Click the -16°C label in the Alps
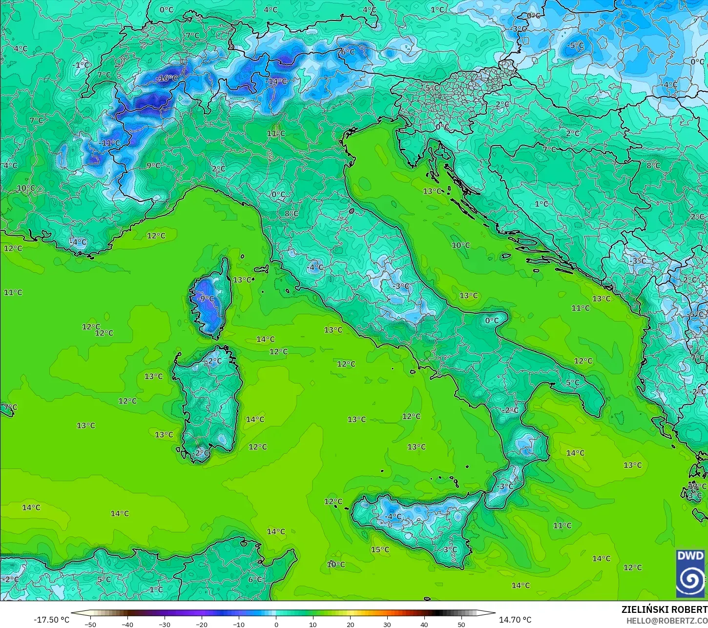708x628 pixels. (167, 78)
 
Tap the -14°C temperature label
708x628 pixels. (277, 81)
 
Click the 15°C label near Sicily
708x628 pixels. (380, 549)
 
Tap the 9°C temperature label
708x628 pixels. (153, 165)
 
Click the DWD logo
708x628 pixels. (690, 573)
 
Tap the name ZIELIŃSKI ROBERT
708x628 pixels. (664, 609)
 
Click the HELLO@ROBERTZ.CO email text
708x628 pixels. (667, 620)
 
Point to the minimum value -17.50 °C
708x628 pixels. (51, 620)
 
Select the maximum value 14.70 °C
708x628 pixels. (515, 620)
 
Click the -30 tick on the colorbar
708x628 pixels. (165, 624)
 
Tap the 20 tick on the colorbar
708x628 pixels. (350, 624)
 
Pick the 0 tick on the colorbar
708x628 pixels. (276, 624)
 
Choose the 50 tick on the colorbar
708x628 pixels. (461, 624)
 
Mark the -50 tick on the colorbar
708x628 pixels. (90, 624)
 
